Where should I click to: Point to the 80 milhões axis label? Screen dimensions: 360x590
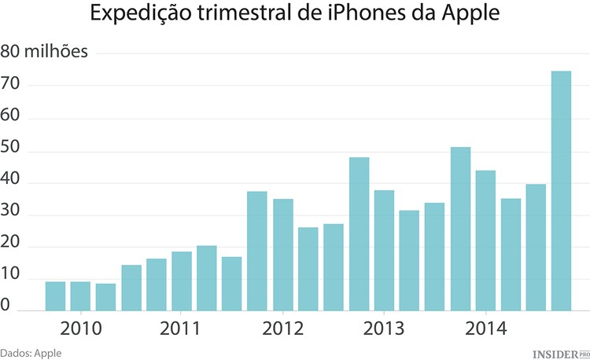click(x=45, y=53)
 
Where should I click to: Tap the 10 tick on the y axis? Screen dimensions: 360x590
click(x=11, y=279)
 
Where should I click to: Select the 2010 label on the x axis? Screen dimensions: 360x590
click(x=80, y=328)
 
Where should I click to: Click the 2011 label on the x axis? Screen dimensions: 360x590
click(x=182, y=328)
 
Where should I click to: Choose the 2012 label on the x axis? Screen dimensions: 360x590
click(x=283, y=328)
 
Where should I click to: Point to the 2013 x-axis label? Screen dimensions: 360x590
click(x=385, y=328)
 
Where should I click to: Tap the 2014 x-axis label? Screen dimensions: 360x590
click(x=485, y=328)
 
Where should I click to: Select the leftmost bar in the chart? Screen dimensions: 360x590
click(x=55, y=296)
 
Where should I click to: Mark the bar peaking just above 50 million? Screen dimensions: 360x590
click(x=460, y=229)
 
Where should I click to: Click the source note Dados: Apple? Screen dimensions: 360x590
click(x=31, y=353)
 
